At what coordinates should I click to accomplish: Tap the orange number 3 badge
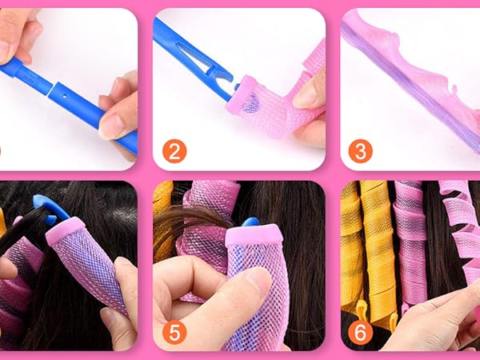point(359,151)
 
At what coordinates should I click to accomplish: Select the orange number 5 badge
point(174,330)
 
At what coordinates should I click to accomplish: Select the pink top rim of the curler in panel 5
point(254,235)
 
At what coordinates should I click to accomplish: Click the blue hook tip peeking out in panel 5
point(250,222)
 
